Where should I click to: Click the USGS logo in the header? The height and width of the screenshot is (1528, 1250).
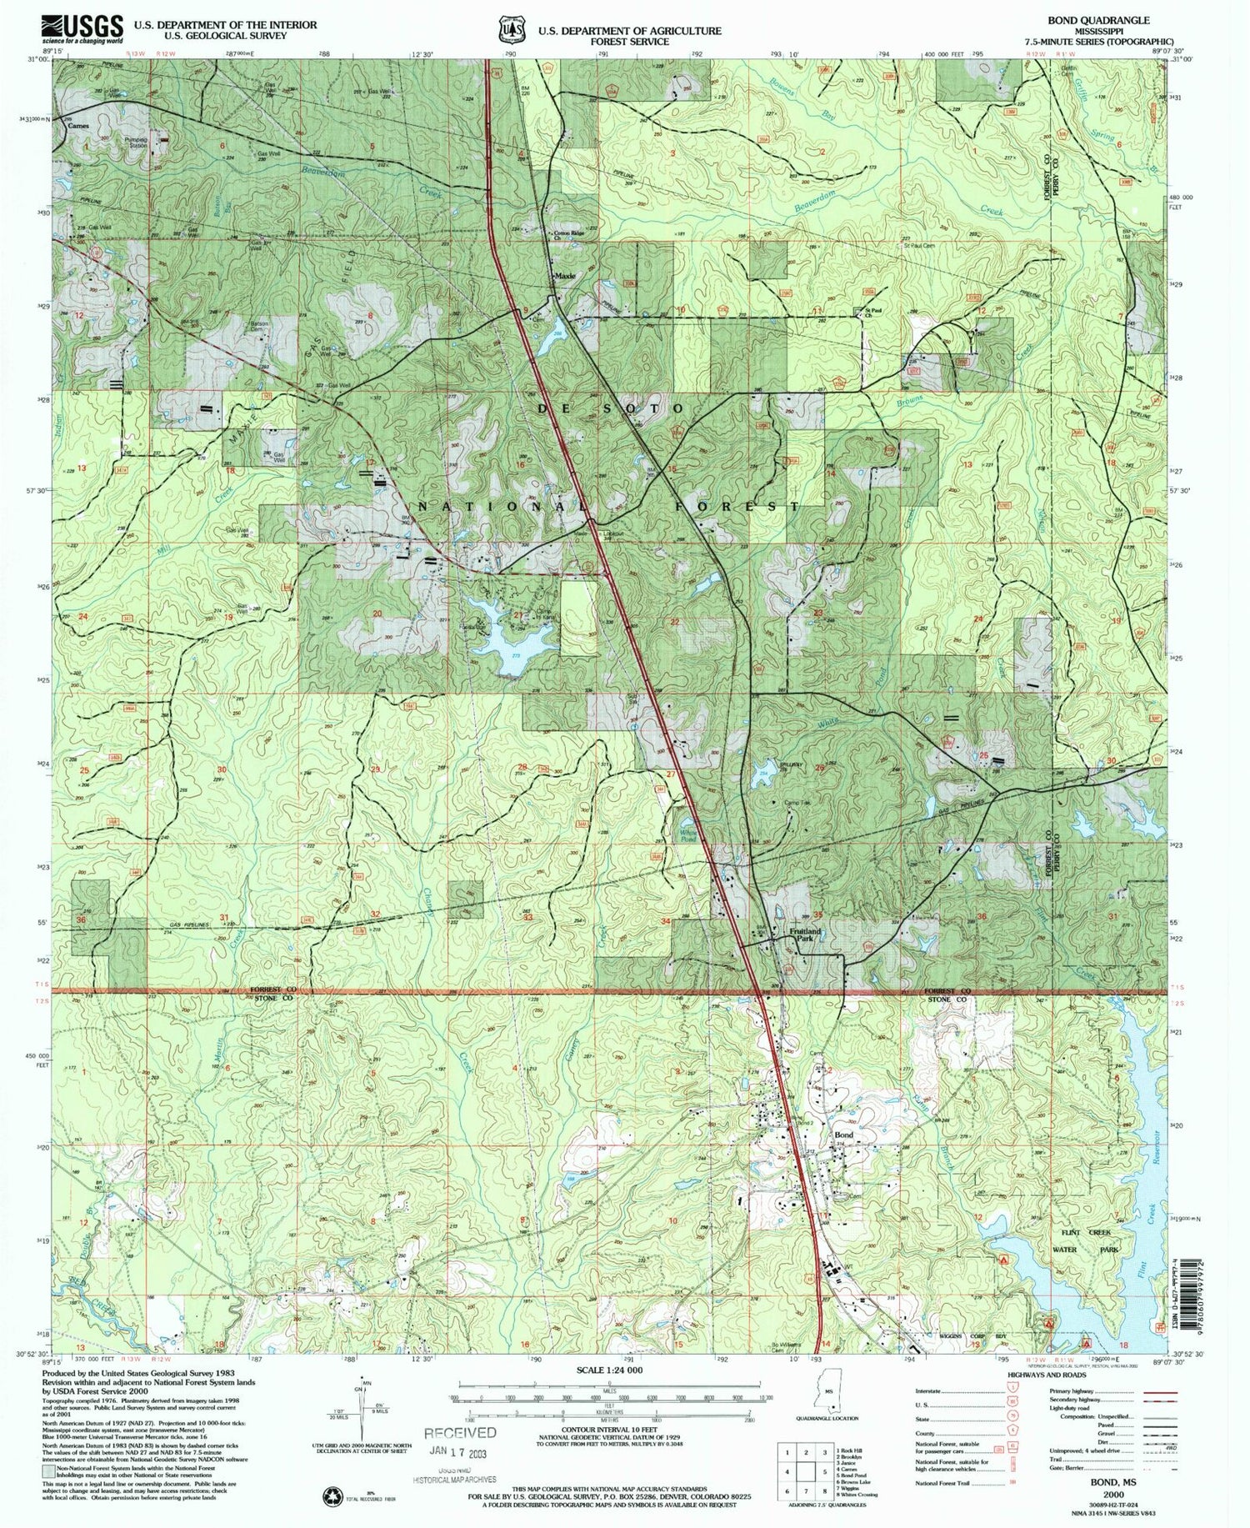tap(82, 29)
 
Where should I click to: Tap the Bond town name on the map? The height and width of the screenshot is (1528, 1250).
tap(843, 1135)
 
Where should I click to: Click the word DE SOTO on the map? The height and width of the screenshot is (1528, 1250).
tap(612, 408)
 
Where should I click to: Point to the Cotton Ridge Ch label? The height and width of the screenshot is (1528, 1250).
tap(567, 236)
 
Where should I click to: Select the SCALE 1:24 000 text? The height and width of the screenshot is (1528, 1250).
tap(611, 1370)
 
